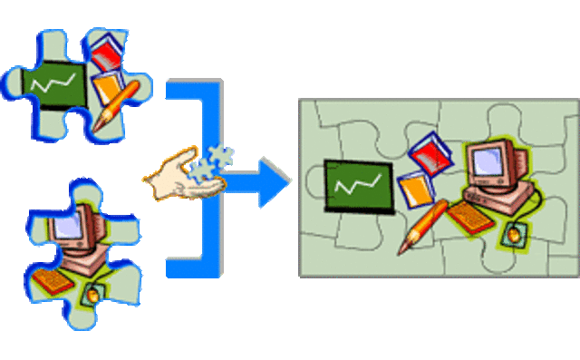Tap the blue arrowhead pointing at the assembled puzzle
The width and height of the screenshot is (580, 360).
click(273, 181)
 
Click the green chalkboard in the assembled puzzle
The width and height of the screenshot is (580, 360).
click(357, 187)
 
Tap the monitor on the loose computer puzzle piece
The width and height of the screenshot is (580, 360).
click(69, 223)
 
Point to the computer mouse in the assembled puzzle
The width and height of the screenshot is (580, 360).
click(514, 235)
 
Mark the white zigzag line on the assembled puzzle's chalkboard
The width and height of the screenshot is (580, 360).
click(356, 187)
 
